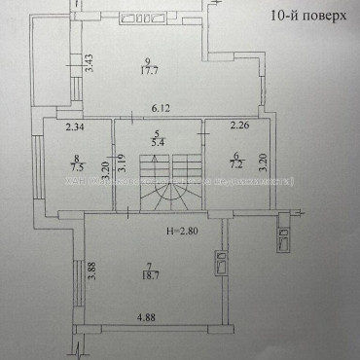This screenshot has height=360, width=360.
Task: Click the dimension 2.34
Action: (75, 126)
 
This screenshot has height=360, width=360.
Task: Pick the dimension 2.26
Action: (239, 126)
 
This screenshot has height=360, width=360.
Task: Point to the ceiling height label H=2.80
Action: (180, 232)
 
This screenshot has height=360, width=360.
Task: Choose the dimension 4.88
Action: (147, 316)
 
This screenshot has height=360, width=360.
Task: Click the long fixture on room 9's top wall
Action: (143, 18)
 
